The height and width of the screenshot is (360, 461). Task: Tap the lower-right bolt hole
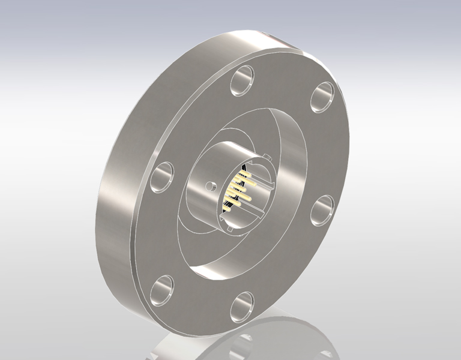tap(323, 207)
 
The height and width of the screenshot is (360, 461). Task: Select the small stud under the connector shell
tap(230, 229)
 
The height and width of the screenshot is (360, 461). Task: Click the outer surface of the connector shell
tap(198, 198)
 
